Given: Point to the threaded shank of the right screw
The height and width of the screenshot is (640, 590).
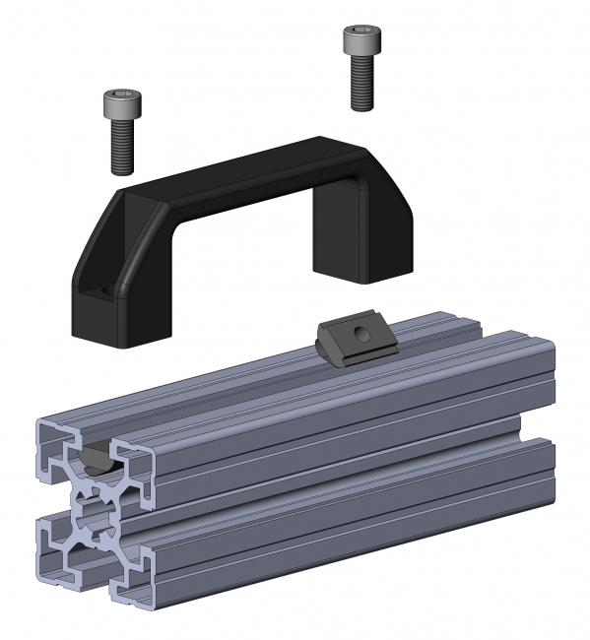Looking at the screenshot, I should click(x=361, y=83).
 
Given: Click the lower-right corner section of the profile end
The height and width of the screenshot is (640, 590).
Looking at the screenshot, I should click(x=133, y=581).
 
